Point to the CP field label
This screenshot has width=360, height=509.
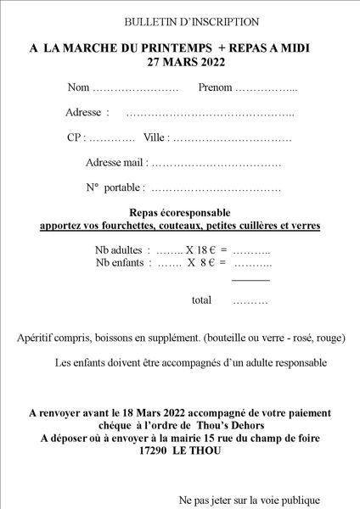point(75,137)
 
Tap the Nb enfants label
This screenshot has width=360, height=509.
point(121,264)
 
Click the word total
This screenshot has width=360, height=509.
point(201,300)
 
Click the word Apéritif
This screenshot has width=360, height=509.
point(37,337)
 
